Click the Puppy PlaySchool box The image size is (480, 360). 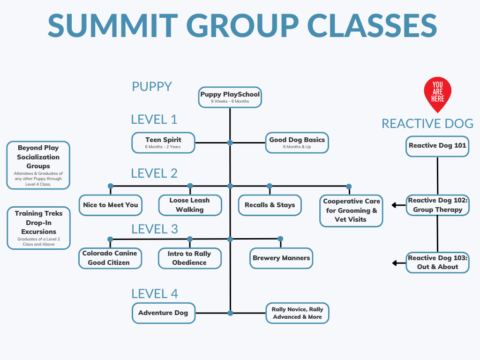(x=230, y=97)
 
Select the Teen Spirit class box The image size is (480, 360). (x=163, y=142)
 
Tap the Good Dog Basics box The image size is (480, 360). (x=297, y=142)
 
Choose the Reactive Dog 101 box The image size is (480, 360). (x=437, y=146)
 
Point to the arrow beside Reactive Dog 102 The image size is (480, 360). (x=398, y=205)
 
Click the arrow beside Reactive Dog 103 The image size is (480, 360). (x=398, y=263)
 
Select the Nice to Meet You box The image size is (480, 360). (x=111, y=205)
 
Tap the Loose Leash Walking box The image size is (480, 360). (x=190, y=205)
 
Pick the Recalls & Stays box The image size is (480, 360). (x=270, y=205)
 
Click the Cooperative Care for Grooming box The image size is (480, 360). (x=352, y=210)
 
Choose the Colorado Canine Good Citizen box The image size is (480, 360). (x=110, y=258)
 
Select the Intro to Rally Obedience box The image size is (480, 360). (x=189, y=258)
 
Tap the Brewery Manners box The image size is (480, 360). (x=281, y=258)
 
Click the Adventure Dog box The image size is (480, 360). (x=163, y=313)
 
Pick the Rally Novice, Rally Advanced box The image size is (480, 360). (x=298, y=313)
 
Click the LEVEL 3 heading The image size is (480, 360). (x=155, y=229)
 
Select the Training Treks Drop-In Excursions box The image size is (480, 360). (x=38, y=228)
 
